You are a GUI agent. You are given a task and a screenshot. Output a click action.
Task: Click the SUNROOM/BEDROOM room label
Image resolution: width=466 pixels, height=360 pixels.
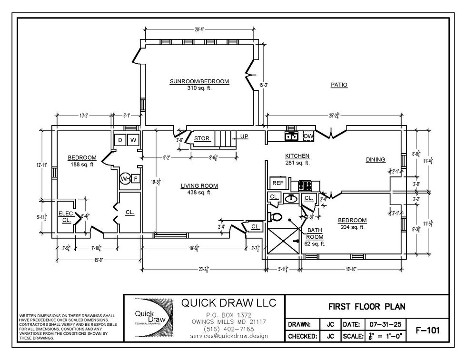click(x=199, y=82)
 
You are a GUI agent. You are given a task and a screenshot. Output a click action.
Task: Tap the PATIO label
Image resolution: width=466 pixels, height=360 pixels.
click(x=339, y=85)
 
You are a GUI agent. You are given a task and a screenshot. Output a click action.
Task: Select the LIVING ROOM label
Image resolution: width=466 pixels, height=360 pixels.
click(x=199, y=186)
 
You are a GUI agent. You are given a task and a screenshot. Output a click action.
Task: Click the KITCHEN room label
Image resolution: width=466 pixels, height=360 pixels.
click(x=297, y=156)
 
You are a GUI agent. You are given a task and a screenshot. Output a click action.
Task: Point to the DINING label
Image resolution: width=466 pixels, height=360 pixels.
click(x=375, y=160)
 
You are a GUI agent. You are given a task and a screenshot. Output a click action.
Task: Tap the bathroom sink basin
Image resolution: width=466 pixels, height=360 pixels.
click(x=290, y=198)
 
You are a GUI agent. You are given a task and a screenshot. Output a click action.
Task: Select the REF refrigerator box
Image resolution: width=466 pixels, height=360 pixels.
click(x=277, y=183)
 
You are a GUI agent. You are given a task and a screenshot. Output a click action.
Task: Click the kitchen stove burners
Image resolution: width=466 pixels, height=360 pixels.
click(x=305, y=184)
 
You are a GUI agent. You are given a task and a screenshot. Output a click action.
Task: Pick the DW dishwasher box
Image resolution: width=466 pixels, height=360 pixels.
click(x=308, y=136)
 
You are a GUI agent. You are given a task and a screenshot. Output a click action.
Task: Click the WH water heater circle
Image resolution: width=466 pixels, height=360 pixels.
click(x=125, y=179)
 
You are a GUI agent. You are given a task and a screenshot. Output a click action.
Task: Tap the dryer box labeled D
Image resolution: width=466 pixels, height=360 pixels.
click(x=120, y=140)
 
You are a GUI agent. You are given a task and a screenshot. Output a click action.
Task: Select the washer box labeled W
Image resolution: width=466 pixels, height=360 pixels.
click(x=133, y=140)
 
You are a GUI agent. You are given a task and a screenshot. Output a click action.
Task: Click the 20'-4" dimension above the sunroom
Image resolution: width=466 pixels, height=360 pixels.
click(x=199, y=29)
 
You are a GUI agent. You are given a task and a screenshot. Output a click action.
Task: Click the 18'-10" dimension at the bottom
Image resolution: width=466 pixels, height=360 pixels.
click(x=351, y=269)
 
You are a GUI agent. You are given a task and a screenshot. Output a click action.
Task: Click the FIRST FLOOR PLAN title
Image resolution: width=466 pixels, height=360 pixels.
click(x=366, y=307)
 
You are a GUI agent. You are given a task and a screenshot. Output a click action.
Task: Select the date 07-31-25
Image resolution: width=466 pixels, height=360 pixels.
click(x=384, y=324)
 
